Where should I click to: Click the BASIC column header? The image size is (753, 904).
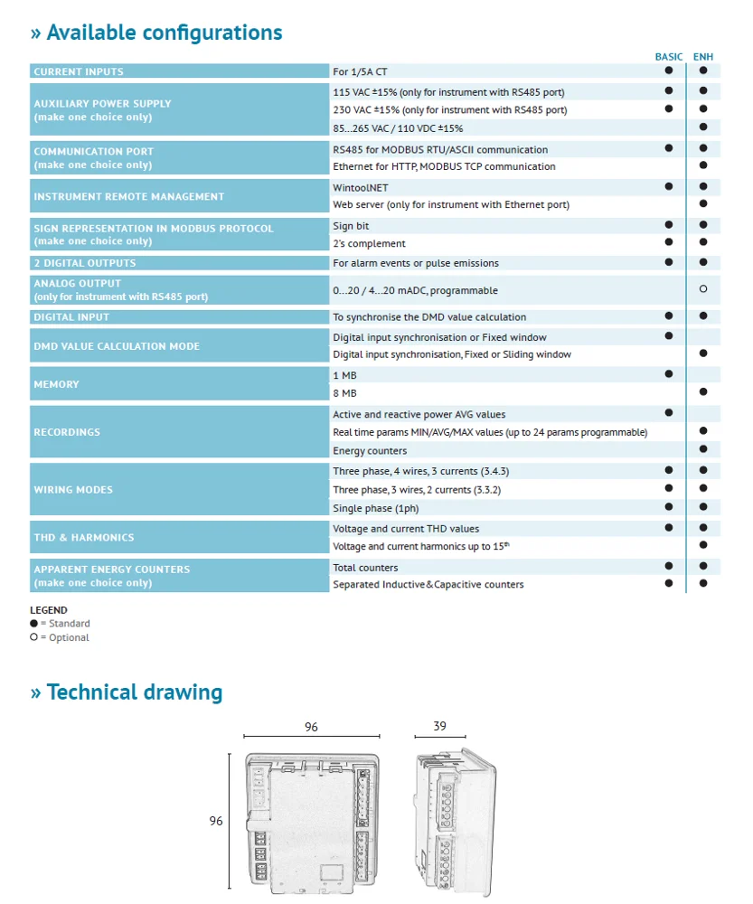669,57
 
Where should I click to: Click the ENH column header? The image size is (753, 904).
703,57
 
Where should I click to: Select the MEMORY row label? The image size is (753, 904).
56,384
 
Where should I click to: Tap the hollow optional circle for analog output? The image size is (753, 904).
703,290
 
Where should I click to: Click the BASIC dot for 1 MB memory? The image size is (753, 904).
669,373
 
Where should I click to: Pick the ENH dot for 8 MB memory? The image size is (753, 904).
703,392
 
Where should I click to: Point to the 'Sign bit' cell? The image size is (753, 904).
351,226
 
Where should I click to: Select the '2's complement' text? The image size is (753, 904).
369,243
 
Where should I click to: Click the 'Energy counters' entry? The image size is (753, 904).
370,451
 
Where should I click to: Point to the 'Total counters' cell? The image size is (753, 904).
365,568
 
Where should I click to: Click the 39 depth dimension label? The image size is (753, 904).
439,727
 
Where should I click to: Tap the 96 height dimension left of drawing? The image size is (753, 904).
216,821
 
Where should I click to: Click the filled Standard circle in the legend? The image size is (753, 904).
34,623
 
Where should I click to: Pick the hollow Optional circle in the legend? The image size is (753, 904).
34,637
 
